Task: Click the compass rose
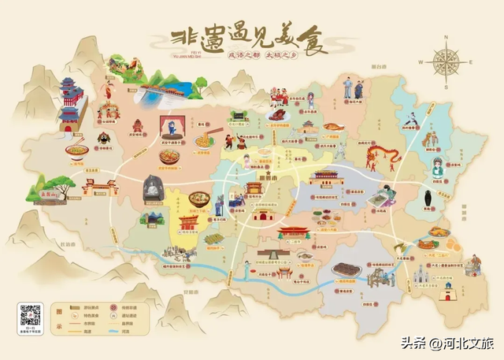[x=445, y=61]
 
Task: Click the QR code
[x=30, y=314]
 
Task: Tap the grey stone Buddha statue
[x=150, y=188]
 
